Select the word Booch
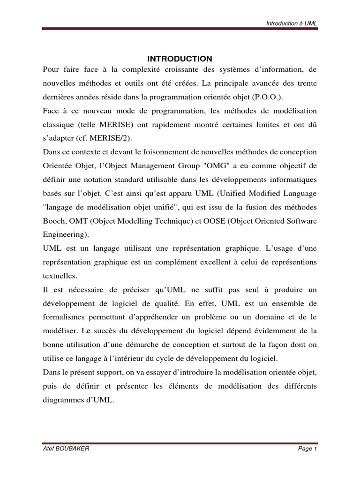point(52,207)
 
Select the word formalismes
point(63,316)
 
